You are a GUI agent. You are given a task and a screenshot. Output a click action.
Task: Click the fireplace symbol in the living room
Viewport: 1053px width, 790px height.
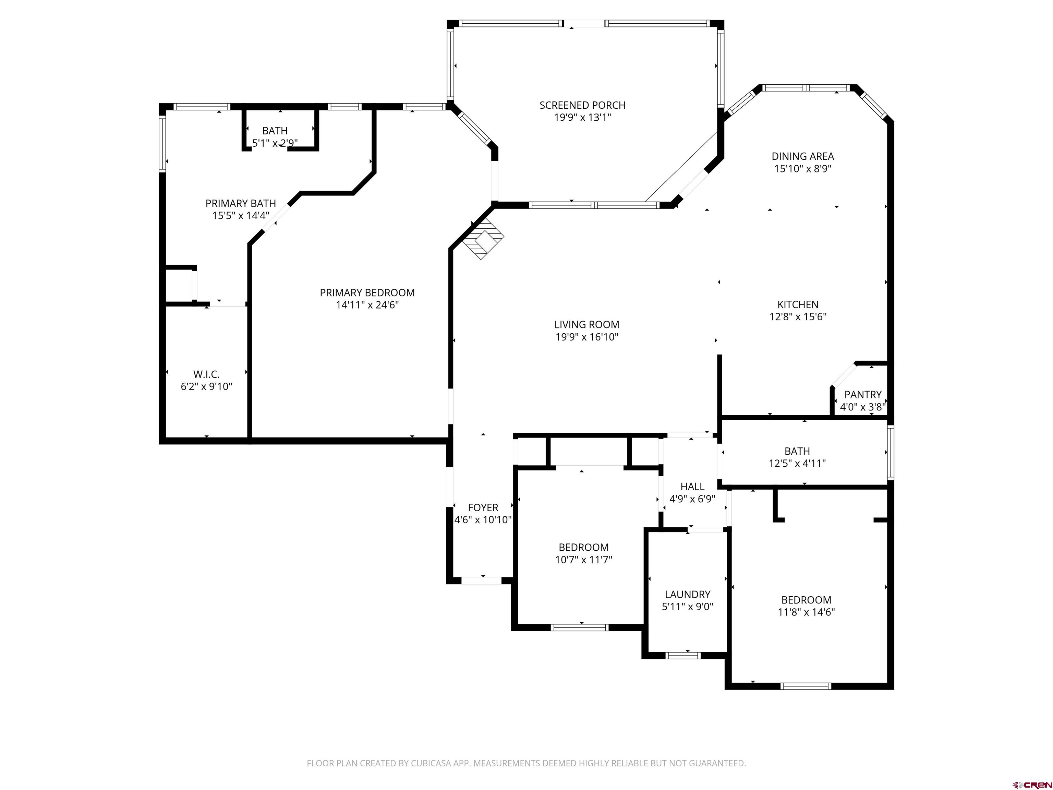coord(484,239)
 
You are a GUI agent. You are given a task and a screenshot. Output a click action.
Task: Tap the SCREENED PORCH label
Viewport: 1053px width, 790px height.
coord(582,105)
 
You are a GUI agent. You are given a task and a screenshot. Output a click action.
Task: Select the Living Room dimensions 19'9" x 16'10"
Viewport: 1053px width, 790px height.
coord(586,337)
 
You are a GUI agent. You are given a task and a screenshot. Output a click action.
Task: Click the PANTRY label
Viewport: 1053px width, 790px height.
coord(862,394)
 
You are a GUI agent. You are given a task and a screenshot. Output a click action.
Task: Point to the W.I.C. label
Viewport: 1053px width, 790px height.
coord(206,374)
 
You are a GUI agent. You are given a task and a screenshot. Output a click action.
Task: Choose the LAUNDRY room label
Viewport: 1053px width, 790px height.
coord(687,594)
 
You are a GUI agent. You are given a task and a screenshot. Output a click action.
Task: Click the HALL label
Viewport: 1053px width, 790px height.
coord(692,486)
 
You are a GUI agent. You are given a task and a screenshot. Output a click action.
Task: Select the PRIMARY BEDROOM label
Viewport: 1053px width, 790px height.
coord(367,292)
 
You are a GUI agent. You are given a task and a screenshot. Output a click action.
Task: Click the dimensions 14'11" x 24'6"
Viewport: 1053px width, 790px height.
coord(367,305)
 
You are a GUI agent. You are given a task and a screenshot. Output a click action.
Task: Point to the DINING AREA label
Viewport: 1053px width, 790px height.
coord(802,156)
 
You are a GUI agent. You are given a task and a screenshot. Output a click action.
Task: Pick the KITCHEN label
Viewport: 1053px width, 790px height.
coord(798,304)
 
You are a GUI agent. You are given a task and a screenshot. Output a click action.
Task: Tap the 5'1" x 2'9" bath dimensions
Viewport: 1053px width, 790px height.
coord(275,143)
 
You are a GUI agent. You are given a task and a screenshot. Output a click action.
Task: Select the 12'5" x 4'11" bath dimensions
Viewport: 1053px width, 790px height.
coord(797,463)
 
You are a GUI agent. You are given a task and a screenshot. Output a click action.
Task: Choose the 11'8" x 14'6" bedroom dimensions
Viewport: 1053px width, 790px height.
coord(806,612)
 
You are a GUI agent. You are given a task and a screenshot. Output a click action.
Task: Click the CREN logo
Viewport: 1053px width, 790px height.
coord(1032,784)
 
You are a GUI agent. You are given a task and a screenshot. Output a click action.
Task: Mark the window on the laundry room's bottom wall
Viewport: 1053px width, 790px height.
coord(683,655)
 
